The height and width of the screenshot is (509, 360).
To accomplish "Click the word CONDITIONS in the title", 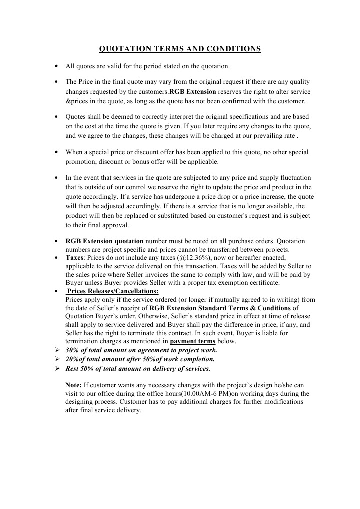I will click(x=233, y=49).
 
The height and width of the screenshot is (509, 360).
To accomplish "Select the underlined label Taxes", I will click(x=74, y=257).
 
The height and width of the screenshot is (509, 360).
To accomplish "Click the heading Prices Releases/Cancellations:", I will click(x=113, y=291).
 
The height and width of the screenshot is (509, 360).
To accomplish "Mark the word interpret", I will click(x=160, y=117).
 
